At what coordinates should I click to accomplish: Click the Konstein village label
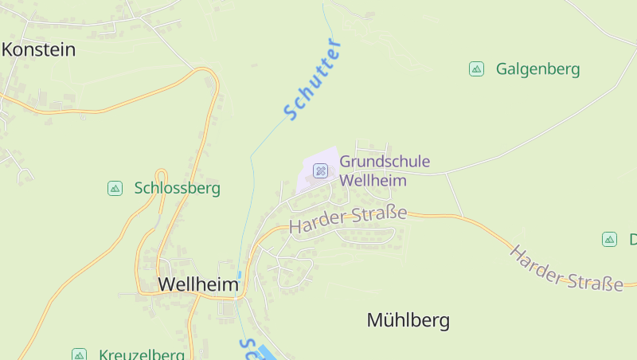(38, 49)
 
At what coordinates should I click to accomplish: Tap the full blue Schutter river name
(313, 79)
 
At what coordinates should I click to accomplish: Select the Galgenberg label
(537, 69)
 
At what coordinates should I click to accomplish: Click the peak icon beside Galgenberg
(476, 69)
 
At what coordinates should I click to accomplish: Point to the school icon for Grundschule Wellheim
(320, 170)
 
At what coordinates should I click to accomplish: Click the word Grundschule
(385, 162)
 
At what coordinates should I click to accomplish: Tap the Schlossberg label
(177, 189)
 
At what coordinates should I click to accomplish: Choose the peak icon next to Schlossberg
(115, 189)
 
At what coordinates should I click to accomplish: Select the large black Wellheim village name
(198, 284)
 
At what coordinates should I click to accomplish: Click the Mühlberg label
(408, 320)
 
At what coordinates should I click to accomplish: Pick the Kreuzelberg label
(142, 354)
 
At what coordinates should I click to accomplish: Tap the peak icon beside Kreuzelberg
(79, 354)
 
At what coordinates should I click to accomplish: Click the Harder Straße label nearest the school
(348, 219)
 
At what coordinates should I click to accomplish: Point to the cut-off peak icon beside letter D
(609, 239)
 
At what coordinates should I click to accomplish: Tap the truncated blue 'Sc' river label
(248, 348)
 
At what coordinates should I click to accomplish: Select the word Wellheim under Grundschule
(373, 181)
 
